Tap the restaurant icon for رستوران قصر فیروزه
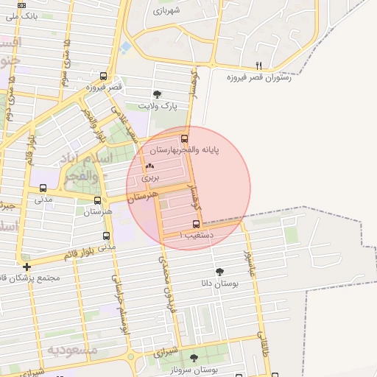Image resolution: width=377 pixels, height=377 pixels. pos(258,66)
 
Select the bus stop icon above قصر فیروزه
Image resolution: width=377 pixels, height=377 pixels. pos(102,76)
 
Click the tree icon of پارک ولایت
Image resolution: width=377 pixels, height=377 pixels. pos(157,94)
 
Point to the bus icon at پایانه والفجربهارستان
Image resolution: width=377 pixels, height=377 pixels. pos(184,138)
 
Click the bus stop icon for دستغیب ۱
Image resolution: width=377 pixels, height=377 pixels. pos(196,224)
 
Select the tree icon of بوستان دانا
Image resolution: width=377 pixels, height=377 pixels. pos(219,272)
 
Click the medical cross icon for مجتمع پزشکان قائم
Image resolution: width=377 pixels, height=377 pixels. pos(27,267)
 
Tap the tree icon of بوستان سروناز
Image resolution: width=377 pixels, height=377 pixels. pos(194,358)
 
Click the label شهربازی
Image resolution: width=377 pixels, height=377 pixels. pos(166,12)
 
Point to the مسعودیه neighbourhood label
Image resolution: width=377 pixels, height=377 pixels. pos(71,349)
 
